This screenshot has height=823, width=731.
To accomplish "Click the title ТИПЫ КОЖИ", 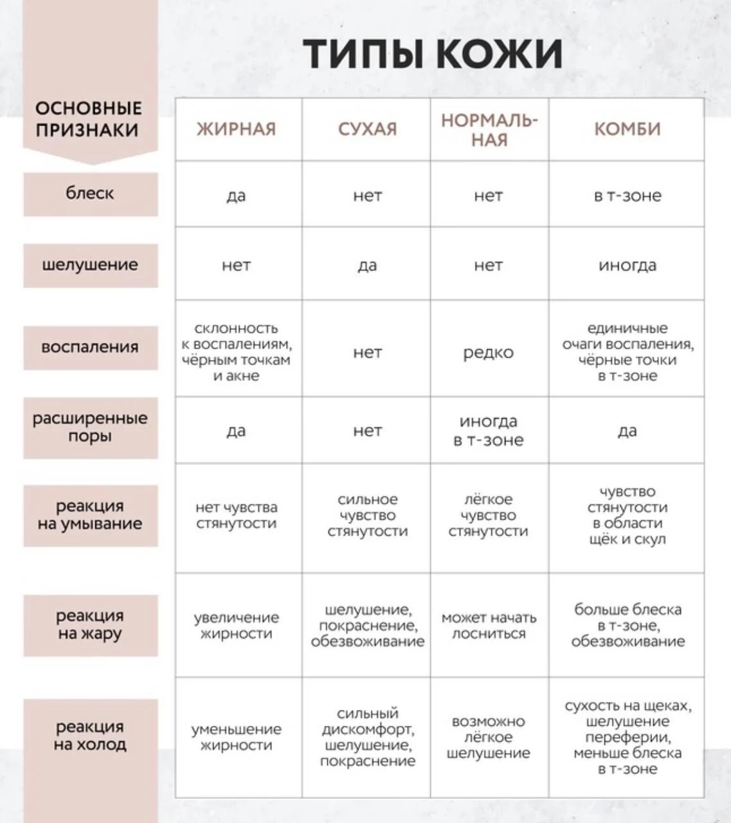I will [432, 53].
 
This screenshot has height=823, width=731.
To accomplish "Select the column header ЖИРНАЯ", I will [236, 129].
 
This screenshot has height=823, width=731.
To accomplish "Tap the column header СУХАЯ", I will [367, 129].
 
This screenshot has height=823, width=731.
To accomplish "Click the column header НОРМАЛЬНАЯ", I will [489, 130].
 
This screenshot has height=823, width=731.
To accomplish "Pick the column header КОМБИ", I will [627, 129].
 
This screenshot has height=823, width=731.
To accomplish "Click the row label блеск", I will [90, 194].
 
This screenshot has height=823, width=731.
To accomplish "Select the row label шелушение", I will [90, 265].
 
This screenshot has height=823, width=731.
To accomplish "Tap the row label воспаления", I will [90, 347].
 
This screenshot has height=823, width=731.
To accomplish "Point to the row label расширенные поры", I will [90, 427].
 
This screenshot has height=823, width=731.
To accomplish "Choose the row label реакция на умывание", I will [90, 515].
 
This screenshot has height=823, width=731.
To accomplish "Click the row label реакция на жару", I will [90, 624].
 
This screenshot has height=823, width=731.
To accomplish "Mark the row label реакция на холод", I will [90, 736].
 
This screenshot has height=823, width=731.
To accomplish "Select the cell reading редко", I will [489, 352].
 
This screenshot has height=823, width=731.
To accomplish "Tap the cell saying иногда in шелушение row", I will [627, 265].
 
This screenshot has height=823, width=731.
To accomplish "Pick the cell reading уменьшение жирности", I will [236, 737].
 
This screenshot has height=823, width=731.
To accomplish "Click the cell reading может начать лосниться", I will [489, 626].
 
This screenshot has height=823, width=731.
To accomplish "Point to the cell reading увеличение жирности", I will [236, 626].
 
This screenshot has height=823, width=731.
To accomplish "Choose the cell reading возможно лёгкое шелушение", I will [489, 737].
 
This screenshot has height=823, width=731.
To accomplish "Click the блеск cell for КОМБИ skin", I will [627, 195].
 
